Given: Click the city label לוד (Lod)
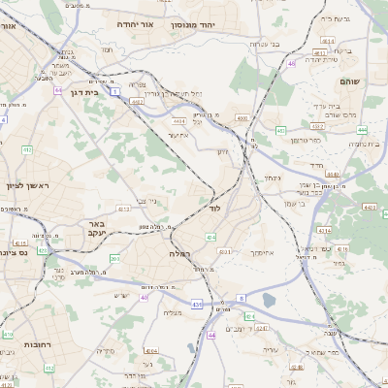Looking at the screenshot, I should click(214, 209).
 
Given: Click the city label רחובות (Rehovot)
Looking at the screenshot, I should click(37, 342).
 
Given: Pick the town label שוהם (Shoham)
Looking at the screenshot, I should click(370, 82).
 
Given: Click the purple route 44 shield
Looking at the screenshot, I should click(210, 335).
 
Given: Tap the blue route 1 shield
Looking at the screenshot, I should click(114, 91).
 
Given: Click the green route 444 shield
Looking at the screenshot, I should click(362, 129).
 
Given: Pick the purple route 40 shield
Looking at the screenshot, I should click(144, 298).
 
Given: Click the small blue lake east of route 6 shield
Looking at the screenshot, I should click(266, 315).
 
